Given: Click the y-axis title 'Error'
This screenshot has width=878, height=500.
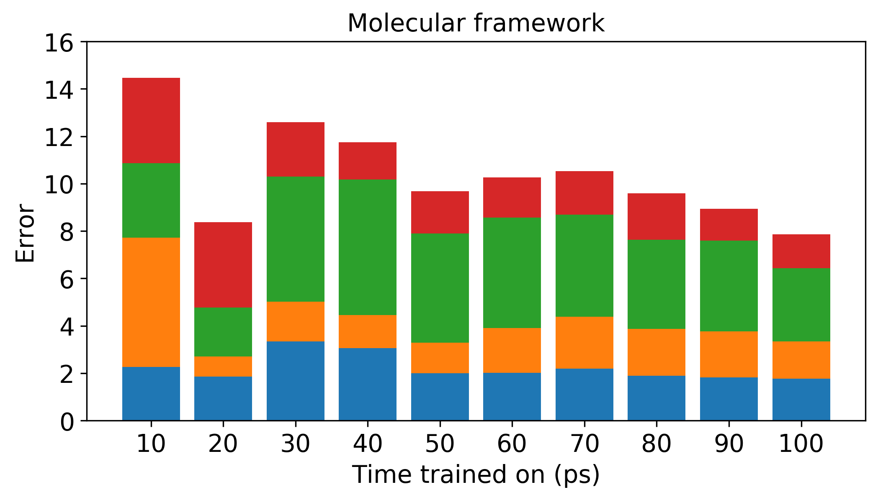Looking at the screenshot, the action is click(x=25, y=233).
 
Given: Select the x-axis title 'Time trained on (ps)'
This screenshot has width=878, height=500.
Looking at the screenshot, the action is click(x=476, y=475).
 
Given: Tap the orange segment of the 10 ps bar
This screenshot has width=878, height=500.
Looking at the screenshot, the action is click(x=151, y=302).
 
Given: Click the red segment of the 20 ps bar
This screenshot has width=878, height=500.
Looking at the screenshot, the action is click(x=223, y=265).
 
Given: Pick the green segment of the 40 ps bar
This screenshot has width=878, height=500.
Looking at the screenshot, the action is click(x=368, y=247).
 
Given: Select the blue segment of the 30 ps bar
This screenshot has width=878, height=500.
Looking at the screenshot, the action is click(x=296, y=381).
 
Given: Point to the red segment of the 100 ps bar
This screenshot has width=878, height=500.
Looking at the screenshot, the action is click(x=801, y=251).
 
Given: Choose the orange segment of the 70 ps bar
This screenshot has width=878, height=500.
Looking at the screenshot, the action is click(x=584, y=343).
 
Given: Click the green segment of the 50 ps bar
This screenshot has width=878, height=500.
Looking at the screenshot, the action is click(x=440, y=288).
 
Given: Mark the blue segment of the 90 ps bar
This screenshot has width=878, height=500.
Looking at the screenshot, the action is click(x=729, y=399).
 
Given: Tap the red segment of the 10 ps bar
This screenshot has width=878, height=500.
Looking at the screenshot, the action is click(x=151, y=121).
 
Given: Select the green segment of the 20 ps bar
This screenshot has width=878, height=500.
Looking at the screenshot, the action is click(x=223, y=332).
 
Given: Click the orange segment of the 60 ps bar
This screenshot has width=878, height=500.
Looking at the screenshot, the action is click(x=512, y=350).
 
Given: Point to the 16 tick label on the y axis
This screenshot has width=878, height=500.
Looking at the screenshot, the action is click(x=59, y=44).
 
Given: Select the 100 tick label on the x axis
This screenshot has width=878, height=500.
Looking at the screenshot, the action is click(x=801, y=444).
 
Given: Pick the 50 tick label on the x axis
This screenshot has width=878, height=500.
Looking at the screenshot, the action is click(x=440, y=444).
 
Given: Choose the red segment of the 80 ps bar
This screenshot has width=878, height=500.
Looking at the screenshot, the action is click(x=657, y=217).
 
